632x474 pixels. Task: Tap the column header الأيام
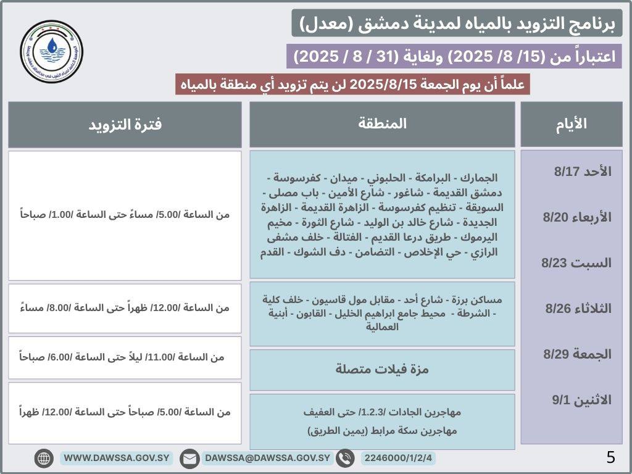[572, 124]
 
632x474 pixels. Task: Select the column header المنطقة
[382, 124]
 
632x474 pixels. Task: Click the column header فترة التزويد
[125, 124]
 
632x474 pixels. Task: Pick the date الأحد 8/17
[573, 172]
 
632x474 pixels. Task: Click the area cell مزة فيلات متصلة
[382, 370]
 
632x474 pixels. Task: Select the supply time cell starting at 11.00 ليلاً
[125, 357]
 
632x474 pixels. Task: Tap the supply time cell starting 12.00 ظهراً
[125, 307]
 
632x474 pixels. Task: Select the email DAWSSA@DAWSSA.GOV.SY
[267, 459]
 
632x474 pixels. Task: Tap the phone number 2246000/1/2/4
[399, 459]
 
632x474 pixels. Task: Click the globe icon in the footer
[44, 459]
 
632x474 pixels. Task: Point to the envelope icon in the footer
[189, 459]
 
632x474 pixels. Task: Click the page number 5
[610, 457]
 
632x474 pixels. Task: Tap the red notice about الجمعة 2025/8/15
[352, 84]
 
